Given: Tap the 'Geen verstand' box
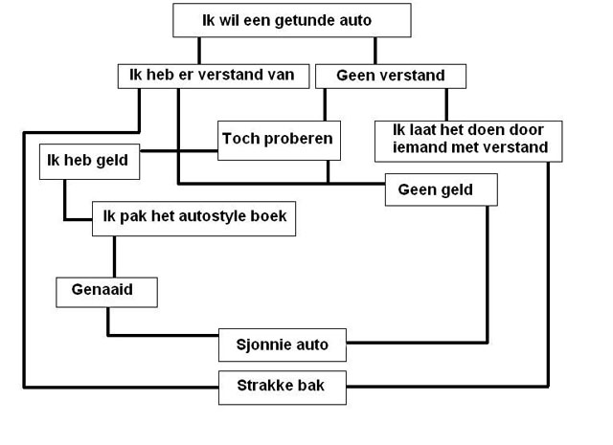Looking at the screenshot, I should pyautogui.click(x=378, y=75).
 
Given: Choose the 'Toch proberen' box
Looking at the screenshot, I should pyautogui.click(x=278, y=140).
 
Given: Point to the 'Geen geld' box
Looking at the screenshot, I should pyautogui.click(x=442, y=189).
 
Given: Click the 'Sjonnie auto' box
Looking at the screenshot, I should pyautogui.click(x=282, y=345).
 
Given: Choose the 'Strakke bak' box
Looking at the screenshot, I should pyautogui.click(x=282, y=387).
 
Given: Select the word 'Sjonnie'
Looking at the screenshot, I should pyautogui.click(x=262, y=345).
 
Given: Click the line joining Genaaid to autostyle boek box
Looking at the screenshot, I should pyautogui.click(x=115, y=255).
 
